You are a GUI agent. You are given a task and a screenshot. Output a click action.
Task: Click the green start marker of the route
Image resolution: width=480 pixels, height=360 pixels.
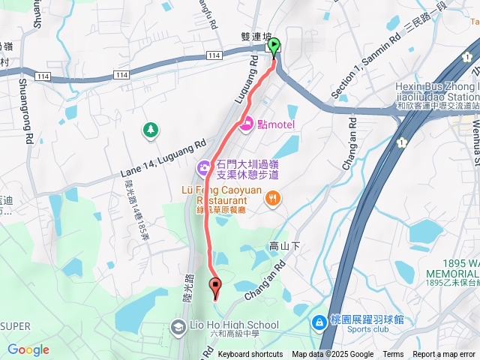click(x=274, y=46)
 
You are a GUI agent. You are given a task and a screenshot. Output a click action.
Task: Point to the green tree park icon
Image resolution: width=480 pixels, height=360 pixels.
click(x=151, y=130)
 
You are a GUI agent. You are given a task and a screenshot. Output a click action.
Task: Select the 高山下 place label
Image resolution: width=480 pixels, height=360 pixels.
click(x=284, y=246)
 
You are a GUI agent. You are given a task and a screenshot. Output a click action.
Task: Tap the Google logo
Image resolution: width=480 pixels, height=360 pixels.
click(x=28, y=349)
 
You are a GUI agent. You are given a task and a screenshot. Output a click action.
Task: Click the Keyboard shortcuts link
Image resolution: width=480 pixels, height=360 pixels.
click(x=250, y=355)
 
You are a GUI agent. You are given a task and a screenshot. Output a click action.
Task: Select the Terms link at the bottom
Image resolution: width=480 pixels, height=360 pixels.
click(x=393, y=355)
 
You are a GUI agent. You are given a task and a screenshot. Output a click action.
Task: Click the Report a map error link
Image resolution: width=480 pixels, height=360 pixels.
click(x=445, y=355)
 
